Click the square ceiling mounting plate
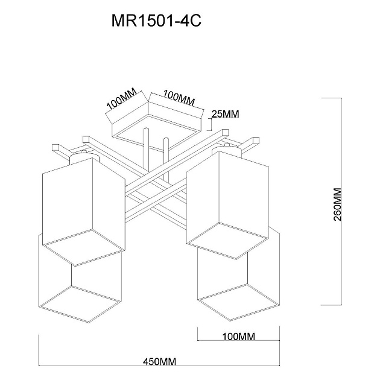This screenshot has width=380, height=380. [x=156, y=124]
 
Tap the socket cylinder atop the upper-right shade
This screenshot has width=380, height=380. [x=229, y=149]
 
